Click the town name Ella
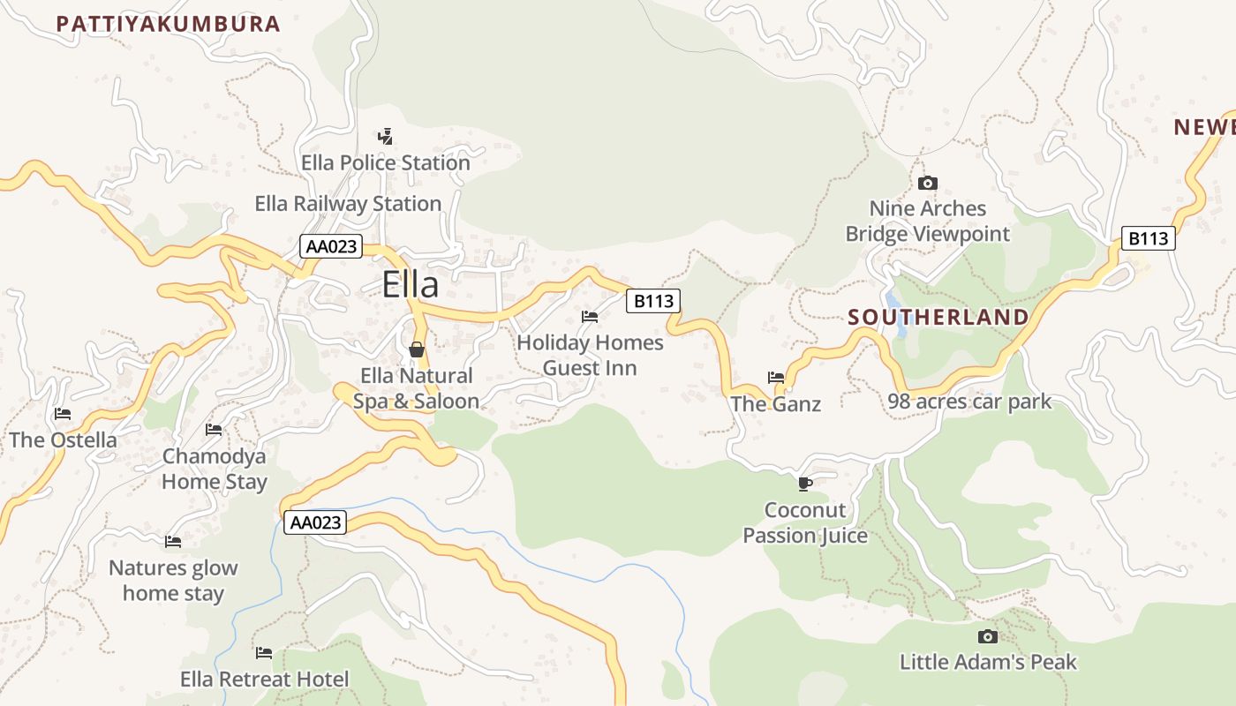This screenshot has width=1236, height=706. point(411,284)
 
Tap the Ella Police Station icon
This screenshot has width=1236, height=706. point(385,137)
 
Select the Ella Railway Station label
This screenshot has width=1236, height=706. point(348,204)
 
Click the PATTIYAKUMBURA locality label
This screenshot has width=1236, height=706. point(168,24)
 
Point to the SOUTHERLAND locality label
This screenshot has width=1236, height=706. point(938,317)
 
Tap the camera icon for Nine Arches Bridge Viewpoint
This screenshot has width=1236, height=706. point(927,183)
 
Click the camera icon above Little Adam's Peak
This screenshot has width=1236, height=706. point(988,636)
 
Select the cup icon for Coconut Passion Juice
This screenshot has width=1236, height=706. point(804,484)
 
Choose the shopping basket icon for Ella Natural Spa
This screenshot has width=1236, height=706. point(417,349)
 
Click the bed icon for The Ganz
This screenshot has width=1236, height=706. point(776,378)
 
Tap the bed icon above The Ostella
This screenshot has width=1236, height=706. point(62,413)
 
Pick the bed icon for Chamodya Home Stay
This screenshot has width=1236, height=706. point(214,430)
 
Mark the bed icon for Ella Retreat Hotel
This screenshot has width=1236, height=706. point(264,653)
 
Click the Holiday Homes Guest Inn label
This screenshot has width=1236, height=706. point(590,355)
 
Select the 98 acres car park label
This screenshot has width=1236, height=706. point(969,402)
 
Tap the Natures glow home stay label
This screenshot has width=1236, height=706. point(173,580)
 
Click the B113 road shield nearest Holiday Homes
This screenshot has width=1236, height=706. point(653,301)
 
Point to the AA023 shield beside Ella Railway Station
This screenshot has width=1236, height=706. point(331,246)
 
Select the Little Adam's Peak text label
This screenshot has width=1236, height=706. point(988,662)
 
